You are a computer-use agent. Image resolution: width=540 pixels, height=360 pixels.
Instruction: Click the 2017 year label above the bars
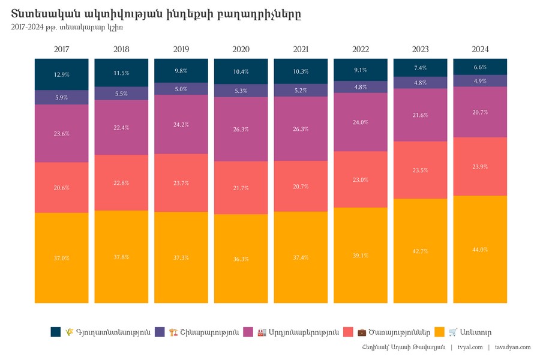pyautogui.click(x=61, y=49)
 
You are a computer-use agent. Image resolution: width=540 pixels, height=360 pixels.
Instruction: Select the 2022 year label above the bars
pyautogui.click(x=361, y=49)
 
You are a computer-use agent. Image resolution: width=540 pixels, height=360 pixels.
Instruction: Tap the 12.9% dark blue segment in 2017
pyautogui.click(x=61, y=74)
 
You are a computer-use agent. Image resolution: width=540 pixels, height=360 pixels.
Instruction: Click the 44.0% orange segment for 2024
pyautogui.click(x=480, y=250)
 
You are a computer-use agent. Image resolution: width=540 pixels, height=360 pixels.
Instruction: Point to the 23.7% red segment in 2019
pyautogui.click(x=181, y=183)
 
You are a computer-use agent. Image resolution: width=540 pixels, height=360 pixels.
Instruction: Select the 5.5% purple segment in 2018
pyautogui.click(x=121, y=94)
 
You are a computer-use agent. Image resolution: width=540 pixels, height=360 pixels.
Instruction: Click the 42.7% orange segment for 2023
pyautogui.click(x=421, y=251)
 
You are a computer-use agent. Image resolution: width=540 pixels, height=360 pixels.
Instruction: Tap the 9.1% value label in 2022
pyautogui.click(x=361, y=70)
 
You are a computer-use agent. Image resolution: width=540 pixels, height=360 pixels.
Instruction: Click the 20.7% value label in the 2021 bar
pyautogui.click(x=301, y=187)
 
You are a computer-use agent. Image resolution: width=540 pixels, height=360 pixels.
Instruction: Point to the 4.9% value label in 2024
pyautogui.click(x=480, y=81)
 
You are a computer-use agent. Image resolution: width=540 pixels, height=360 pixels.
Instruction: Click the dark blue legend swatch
pyautogui.click(x=56, y=332)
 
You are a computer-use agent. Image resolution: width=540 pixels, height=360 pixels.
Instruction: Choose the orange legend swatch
pyautogui.click(x=439, y=332)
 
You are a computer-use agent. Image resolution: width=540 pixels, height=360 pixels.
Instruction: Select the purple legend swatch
pyautogui.click(x=160, y=332)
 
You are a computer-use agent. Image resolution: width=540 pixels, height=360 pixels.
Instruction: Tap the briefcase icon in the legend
pyautogui.click(x=362, y=332)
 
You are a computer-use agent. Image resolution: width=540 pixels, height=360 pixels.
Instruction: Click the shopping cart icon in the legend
pyautogui.click(x=453, y=332)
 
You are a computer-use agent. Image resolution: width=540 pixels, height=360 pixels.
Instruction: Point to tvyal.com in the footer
pyautogui.click(x=470, y=347)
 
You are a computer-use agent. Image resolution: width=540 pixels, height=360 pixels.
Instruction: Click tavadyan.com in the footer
pyautogui.click(x=513, y=347)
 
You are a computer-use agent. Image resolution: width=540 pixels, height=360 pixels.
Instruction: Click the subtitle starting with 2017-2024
pyautogui.click(x=67, y=27)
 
